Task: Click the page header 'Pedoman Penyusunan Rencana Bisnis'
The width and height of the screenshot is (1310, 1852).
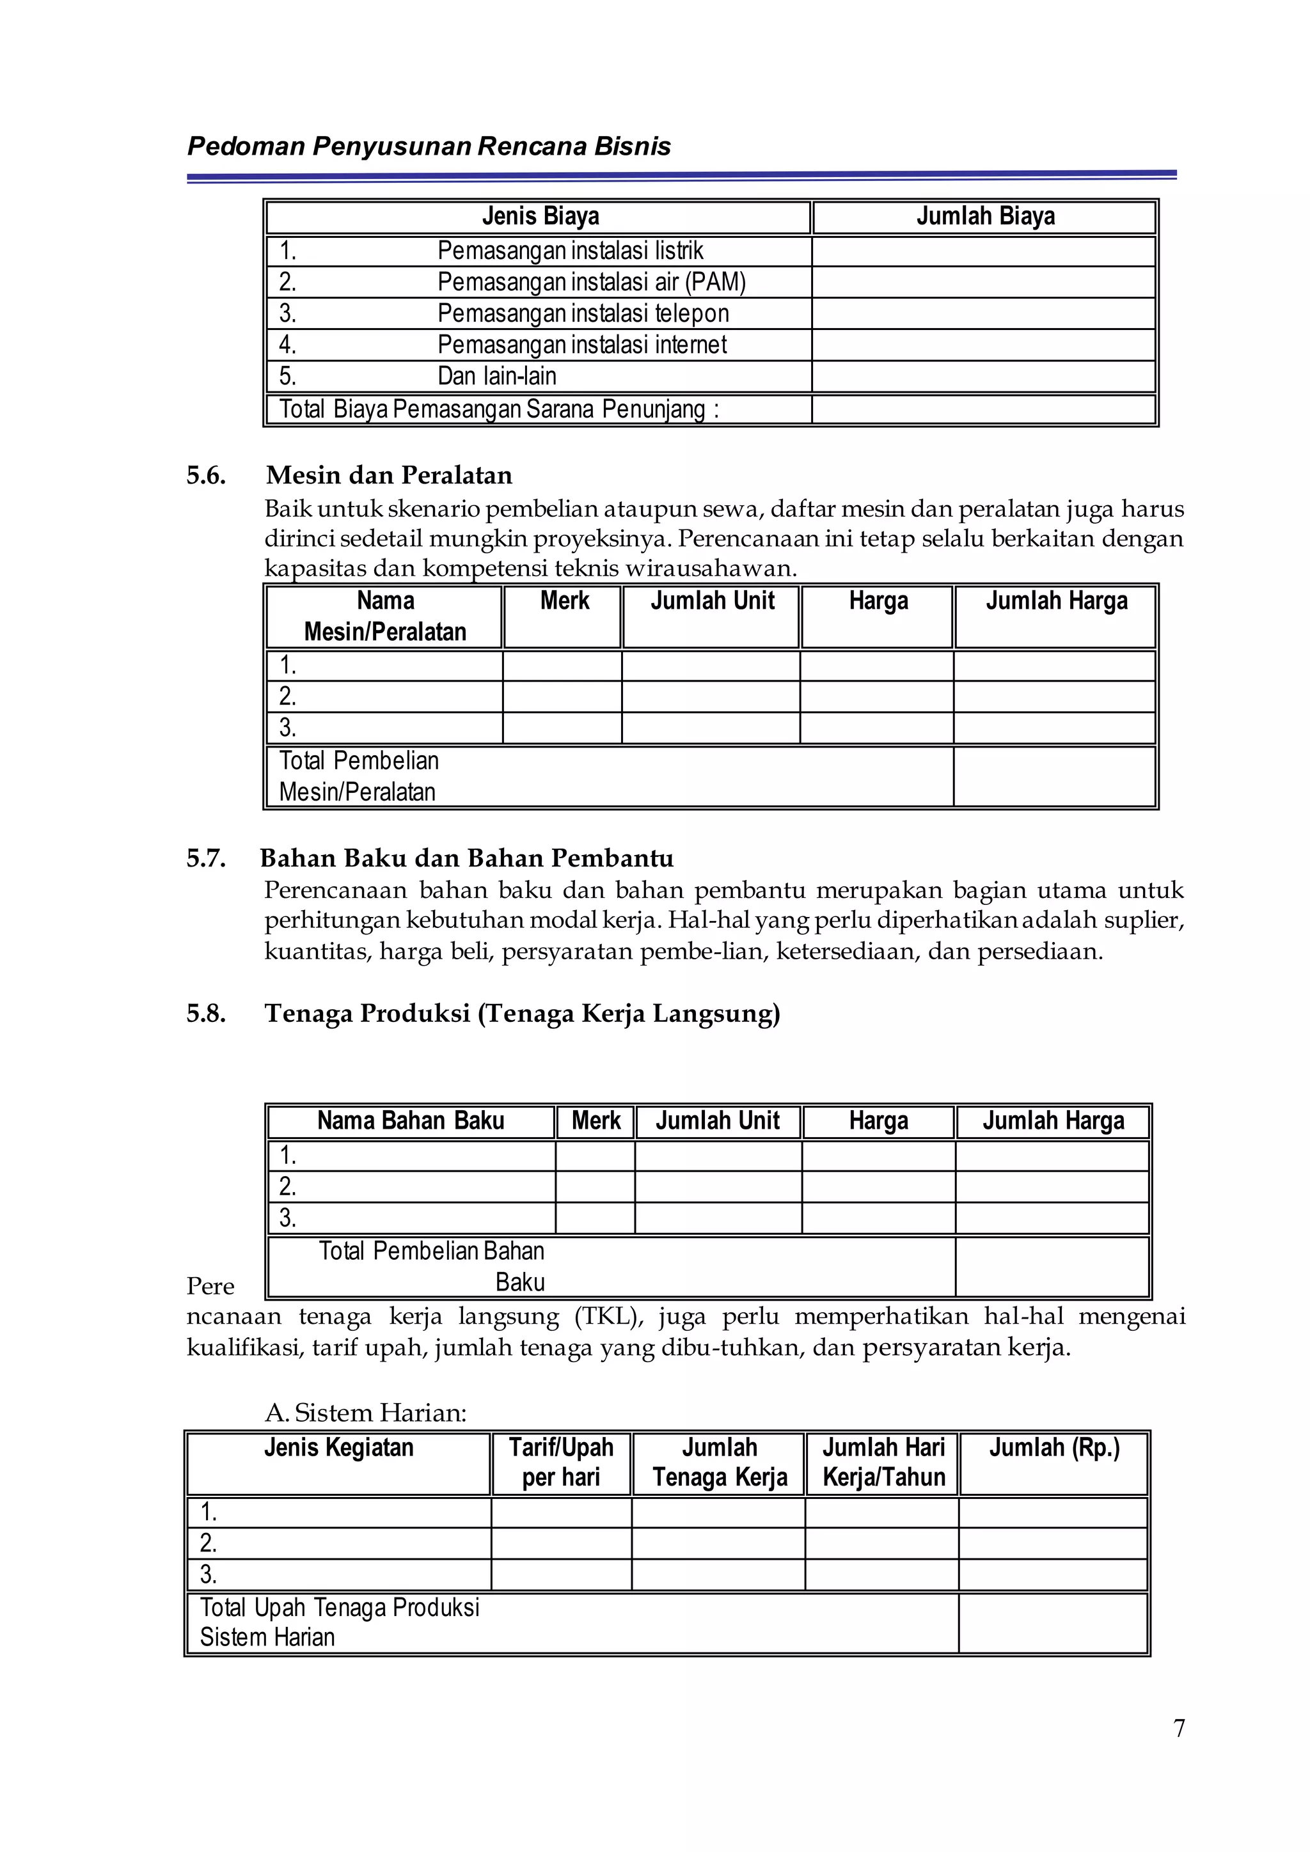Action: click(x=429, y=147)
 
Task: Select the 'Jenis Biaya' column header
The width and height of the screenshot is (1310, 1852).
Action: click(x=540, y=217)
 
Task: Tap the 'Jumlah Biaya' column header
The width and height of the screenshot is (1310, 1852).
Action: click(x=985, y=217)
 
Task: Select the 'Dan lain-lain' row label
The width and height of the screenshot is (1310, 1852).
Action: click(x=496, y=377)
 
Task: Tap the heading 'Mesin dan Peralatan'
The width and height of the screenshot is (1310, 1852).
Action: click(x=389, y=475)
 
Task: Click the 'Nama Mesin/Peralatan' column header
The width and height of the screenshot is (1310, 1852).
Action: click(x=385, y=616)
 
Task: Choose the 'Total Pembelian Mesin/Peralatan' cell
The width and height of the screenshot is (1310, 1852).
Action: click(x=359, y=776)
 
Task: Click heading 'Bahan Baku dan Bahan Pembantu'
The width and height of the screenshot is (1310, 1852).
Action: click(x=466, y=858)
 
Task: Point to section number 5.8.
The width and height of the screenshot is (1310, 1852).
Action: click(x=206, y=1014)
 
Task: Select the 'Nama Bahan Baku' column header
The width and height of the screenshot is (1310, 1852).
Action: click(x=411, y=1121)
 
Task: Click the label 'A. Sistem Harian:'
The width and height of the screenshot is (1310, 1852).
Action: click(x=365, y=1413)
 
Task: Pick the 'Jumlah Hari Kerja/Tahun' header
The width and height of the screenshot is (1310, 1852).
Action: click(x=883, y=1463)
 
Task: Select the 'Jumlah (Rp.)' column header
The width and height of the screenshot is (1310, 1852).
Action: click(x=1054, y=1448)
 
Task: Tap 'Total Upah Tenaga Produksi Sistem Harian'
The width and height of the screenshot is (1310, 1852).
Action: click(x=339, y=1622)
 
